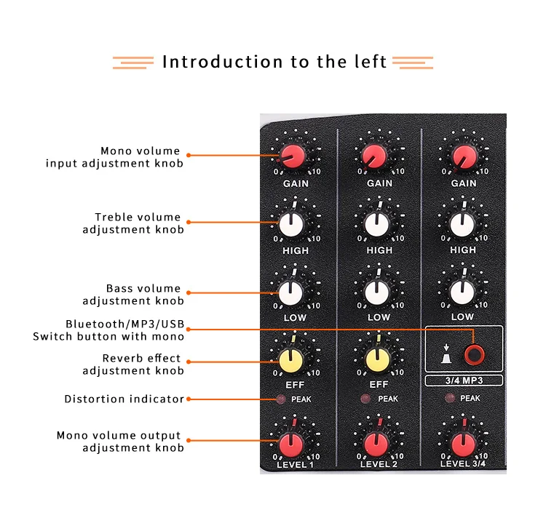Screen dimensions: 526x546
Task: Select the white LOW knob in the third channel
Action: (461, 291)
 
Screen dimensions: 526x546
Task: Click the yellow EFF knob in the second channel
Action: (376, 359)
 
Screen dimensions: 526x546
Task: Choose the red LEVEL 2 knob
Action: (376, 442)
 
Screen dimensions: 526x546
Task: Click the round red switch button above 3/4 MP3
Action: (476, 355)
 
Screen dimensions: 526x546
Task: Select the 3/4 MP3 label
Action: (464, 380)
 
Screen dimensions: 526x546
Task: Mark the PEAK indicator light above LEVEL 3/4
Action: (449, 399)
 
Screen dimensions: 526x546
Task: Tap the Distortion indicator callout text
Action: (124, 399)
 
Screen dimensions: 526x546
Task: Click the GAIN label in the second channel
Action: (379, 183)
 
